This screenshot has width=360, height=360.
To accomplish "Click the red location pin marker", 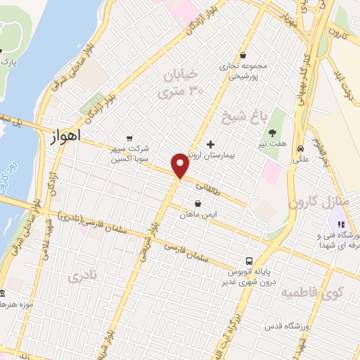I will point(181,165).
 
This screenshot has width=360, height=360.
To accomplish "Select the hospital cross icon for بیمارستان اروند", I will point(210,143).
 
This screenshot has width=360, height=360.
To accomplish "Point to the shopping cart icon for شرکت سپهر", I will point(129,138).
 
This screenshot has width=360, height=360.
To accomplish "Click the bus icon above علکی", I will point(300,149).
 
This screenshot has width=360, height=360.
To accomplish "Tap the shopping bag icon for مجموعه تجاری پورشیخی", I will point(243,54).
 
